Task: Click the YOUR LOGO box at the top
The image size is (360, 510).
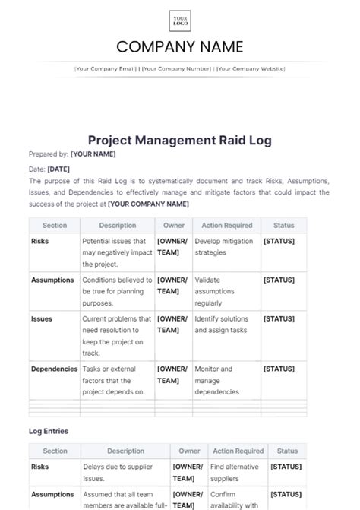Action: pos(180,21)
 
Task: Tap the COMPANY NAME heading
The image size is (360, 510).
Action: pos(180,47)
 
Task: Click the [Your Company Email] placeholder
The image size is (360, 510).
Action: pos(106,69)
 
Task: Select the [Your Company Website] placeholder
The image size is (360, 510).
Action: pos(251,69)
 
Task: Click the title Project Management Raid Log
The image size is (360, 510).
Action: pos(179,141)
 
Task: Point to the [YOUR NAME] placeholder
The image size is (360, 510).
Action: pos(93,154)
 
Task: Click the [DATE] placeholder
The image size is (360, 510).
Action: pos(58,169)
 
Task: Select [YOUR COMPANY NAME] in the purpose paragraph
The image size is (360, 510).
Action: pos(148,204)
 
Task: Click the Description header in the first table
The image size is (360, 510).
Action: pos(118,226)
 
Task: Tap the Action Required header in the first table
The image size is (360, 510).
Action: pos(226,226)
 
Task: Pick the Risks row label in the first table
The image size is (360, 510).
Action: pos(40,241)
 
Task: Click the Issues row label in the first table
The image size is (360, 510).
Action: pos(42,318)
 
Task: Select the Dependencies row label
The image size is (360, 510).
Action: pos(54,369)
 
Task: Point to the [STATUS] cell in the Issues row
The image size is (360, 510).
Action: pos(279,318)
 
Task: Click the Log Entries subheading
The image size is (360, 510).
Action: pos(49,431)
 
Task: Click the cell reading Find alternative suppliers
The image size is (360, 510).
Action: pos(235,472)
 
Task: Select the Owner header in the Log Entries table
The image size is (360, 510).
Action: pos(189,451)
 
